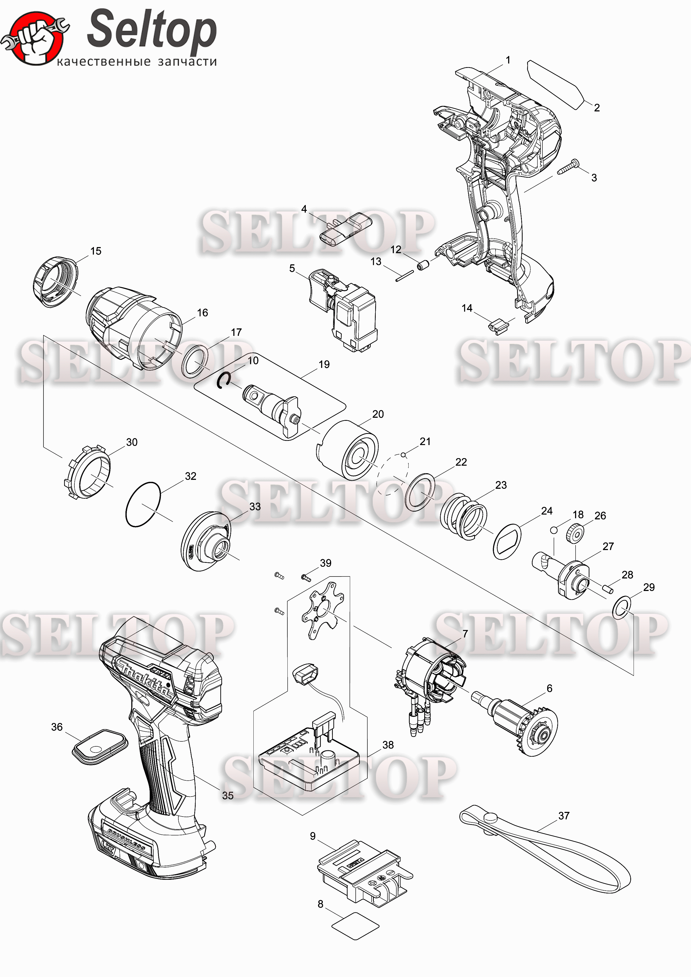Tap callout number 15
[96, 251]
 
